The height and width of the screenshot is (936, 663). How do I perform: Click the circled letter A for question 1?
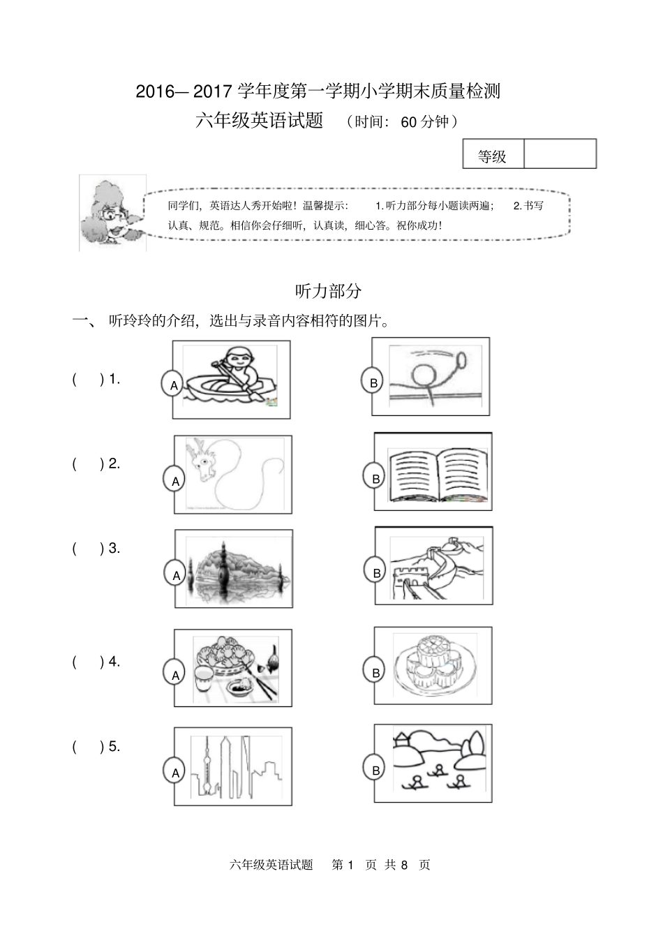coord(173,385)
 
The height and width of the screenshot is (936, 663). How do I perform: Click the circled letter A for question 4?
coord(175,675)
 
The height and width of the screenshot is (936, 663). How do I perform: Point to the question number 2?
coord(114,463)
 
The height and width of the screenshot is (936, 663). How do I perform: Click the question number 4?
coord(114,662)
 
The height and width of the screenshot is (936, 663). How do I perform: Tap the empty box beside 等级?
coord(560,154)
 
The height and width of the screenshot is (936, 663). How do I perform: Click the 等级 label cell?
coord(493,156)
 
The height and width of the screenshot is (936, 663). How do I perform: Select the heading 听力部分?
coord(329,290)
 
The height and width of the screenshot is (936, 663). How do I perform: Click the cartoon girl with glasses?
coord(112,212)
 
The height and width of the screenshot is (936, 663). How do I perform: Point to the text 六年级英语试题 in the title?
coord(260,121)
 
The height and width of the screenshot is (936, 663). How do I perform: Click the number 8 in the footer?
coord(404,865)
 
